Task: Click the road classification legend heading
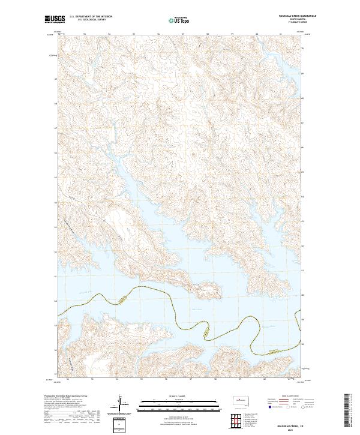286,397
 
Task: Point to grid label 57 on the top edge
183,35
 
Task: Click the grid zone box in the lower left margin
119,425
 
